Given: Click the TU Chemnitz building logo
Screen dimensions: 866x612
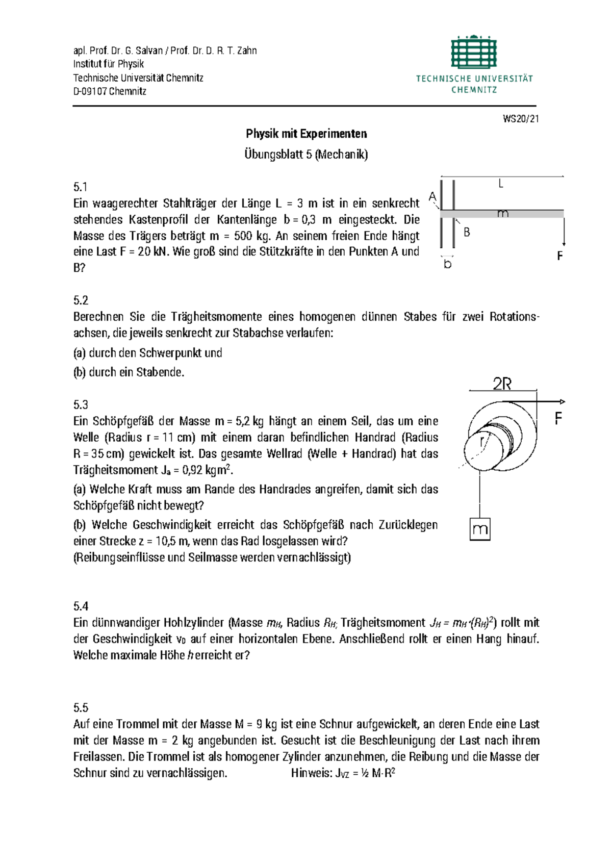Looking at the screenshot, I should [474, 52].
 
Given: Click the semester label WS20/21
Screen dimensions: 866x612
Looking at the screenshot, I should [520, 119].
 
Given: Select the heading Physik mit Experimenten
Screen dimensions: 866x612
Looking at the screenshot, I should [306, 134].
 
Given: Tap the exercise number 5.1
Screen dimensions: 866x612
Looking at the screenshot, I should [81, 187].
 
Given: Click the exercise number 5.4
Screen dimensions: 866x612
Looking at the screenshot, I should [81, 606].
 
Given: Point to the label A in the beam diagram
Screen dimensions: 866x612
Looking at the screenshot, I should [432, 197].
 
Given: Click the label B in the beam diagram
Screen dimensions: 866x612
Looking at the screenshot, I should [466, 233].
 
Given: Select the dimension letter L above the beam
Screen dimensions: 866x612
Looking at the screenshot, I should [501, 184].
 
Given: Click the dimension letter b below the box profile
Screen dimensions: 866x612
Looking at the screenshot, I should [447, 264].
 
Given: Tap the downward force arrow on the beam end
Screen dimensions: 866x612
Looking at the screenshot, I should [564, 232].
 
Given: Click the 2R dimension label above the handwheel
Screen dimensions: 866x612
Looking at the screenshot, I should [502, 384].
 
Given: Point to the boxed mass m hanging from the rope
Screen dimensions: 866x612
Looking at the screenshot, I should [480, 529].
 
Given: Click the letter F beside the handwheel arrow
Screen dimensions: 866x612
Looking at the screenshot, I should [558, 419].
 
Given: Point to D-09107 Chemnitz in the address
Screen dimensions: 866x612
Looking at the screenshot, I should [110, 91].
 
